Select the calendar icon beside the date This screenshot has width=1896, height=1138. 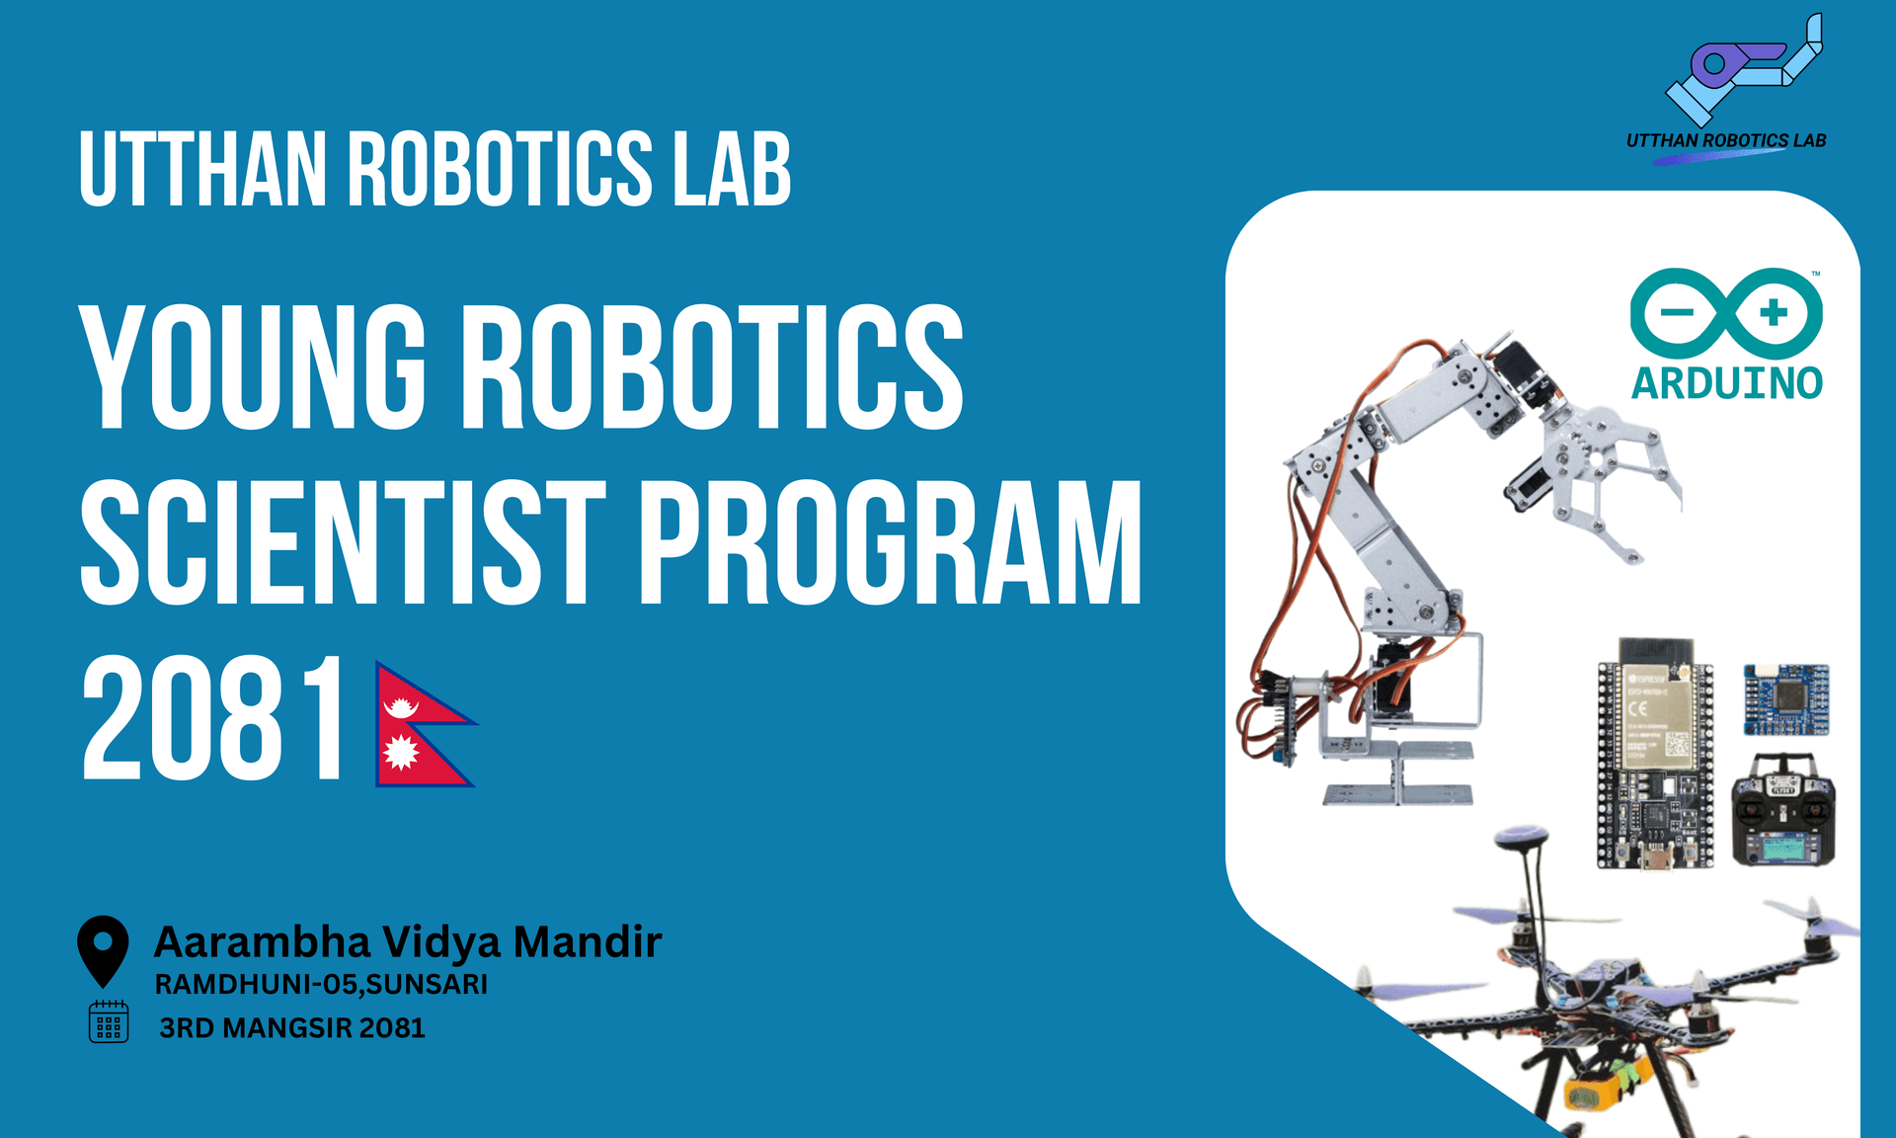[x=109, y=1021]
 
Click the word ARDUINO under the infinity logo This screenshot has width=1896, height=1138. [x=1726, y=383]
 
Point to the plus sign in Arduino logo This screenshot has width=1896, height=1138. [x=1774, y=313]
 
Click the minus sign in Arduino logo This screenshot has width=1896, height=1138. [x=1676, y=313]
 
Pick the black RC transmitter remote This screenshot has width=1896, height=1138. [x=1783, y=812]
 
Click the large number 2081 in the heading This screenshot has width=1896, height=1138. [x=212, y=719]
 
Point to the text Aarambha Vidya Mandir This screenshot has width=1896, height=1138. [x=407, y=941]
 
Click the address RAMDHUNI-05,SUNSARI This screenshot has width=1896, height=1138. [x=321, y=985]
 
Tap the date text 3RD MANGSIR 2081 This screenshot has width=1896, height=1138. [x=291, y=1028]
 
